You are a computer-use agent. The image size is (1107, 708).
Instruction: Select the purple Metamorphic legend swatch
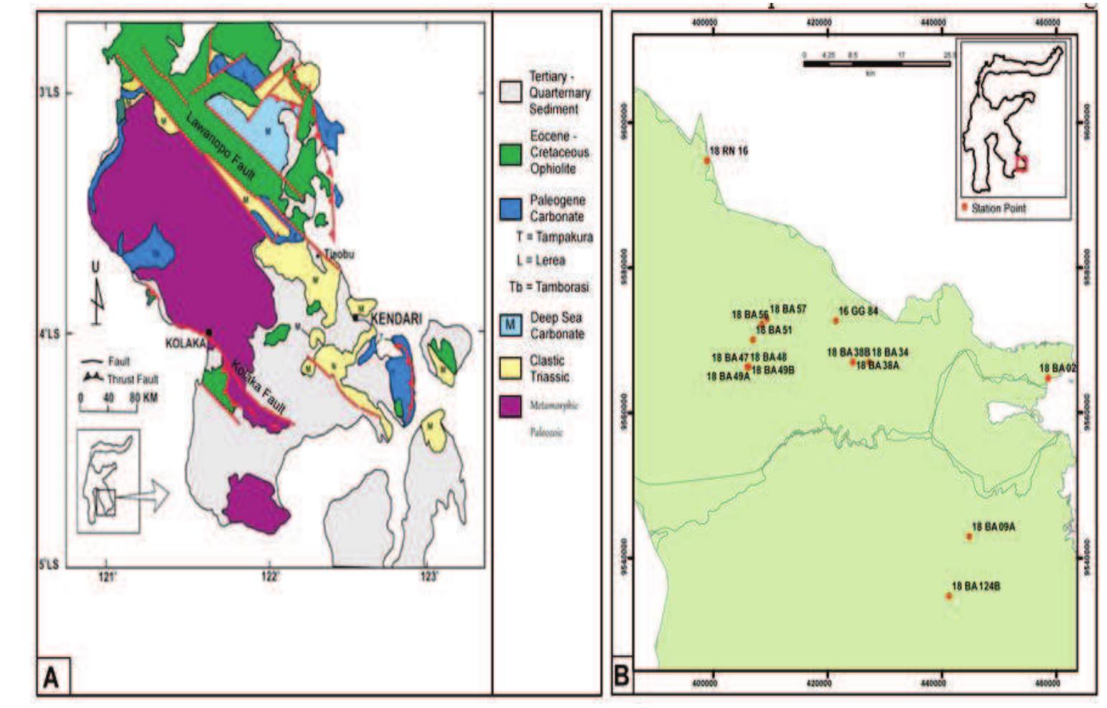(x=510, y=406)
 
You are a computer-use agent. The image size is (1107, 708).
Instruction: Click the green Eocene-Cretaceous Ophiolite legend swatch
(x=510, y=153)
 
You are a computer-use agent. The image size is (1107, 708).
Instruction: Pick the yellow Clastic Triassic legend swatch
(x=510, y=368)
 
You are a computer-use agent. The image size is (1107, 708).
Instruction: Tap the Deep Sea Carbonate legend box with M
(x=510, y=325)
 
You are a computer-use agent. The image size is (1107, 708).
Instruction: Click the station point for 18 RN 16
(x=706, y=161)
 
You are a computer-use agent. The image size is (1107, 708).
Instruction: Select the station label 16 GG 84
(x=859, y=312)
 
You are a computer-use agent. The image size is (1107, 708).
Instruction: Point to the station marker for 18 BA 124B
(x=948, y=596)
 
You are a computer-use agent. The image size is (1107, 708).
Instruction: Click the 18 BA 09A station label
(x=994, y=527)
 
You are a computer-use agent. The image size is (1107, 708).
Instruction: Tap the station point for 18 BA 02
(x=1047, y=378)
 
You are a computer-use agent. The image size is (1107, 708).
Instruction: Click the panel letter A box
(x=52, y=677)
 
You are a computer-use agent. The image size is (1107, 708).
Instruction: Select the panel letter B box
(x=622, y=676)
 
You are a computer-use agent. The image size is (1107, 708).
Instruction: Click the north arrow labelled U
(x=96, y=294)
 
